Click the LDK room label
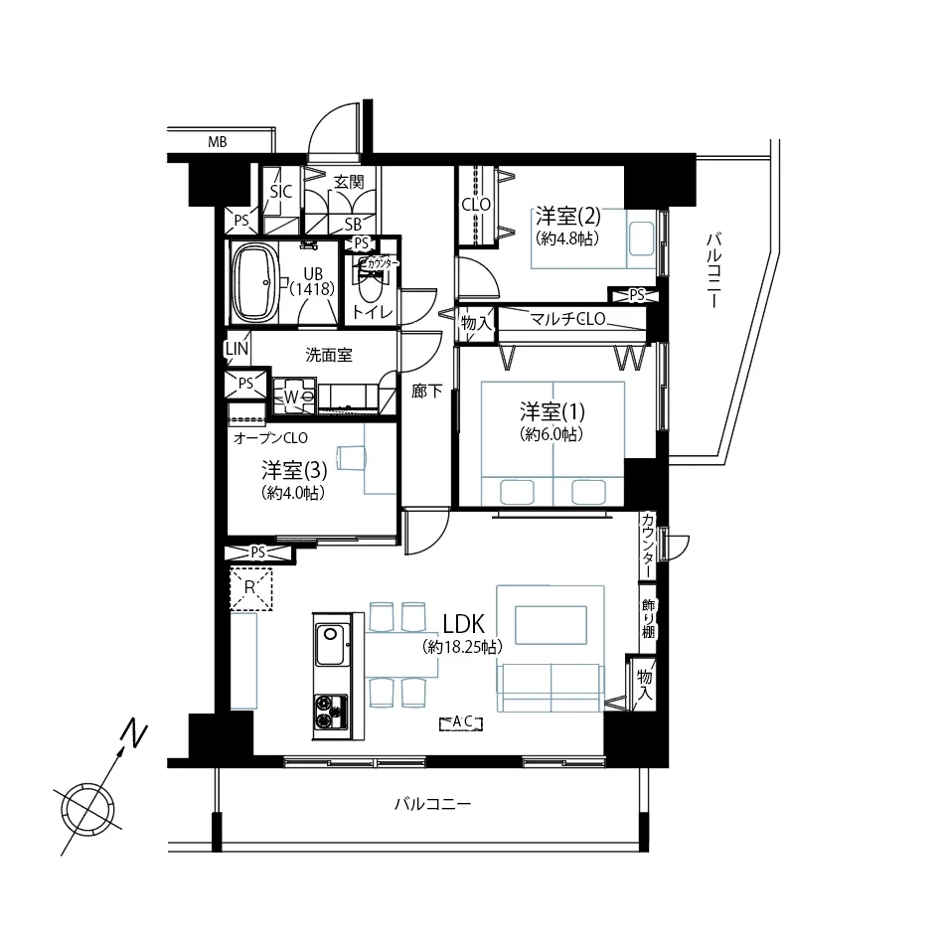point(464,623)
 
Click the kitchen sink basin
point(330,644)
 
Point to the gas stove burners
point(331,712)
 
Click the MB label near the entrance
point(217,142)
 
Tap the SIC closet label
point(281,192)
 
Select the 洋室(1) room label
point(552,411)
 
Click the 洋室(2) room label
point(567,216)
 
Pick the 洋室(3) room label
point(294,470)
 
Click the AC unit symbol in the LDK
point(461,722)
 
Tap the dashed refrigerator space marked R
point(251,588)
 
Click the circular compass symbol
point(87,809)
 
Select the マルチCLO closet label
point(568,318)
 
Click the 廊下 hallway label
point(427,392)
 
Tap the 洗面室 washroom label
point(329,355)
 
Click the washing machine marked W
point(293,396)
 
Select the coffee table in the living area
point(551,625)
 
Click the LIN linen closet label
point(237,349)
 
